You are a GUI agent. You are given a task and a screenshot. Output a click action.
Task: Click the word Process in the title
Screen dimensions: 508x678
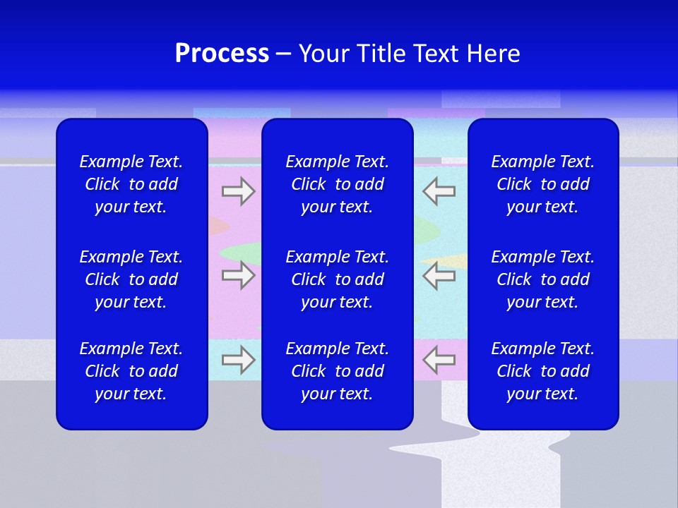pyautogui.click(x=222, y=54)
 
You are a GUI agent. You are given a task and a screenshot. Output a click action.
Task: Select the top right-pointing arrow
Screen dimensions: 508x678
pyautogui.click(x=239, y=191)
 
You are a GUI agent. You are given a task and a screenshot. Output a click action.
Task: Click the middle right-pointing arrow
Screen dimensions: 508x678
pyautogui.click(x=239, y=275)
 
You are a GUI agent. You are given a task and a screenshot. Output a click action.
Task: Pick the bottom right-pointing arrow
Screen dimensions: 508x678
pyautogui.click(x=239, y=360)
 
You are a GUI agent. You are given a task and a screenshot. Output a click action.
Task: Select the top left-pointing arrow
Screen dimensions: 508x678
pyautogui.click(x=439, y=191)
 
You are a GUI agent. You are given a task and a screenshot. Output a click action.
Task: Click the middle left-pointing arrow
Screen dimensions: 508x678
pyautogui.click(x=439, y=275)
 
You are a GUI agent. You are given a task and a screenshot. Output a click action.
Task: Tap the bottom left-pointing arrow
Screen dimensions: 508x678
pyautogui.click(x=439, y=360)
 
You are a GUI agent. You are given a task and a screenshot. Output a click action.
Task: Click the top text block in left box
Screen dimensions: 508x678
pyautogui.click(x=131, y=184)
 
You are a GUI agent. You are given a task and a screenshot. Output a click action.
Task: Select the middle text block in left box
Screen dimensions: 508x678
pyautogui.click(x=131, y=279)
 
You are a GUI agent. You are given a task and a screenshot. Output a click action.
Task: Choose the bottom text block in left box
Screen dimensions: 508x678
pyautogui.click(x=131, y=371)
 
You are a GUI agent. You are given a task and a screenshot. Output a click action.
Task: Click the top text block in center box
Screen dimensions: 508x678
pyautogui.click(x=338, y=184)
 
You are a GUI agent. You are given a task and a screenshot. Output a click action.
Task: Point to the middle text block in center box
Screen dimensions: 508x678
pyautogui.click(x=338, y=279)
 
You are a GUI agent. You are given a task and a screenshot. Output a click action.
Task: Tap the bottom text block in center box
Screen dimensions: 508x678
pyautogui.click(x=338, y=371)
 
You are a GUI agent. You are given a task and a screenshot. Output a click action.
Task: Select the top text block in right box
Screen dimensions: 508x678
pyautogui.click(x=543, y=184)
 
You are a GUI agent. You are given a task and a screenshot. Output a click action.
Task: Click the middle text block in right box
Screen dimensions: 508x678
pyautogui.click(x=543, y=279)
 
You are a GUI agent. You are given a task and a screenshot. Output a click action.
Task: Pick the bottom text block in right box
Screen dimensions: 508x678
pyautogui.click(x=543, y=371)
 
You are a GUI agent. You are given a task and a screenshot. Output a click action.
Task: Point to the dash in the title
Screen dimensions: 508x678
pyautogui.click(x=283, y=54)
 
